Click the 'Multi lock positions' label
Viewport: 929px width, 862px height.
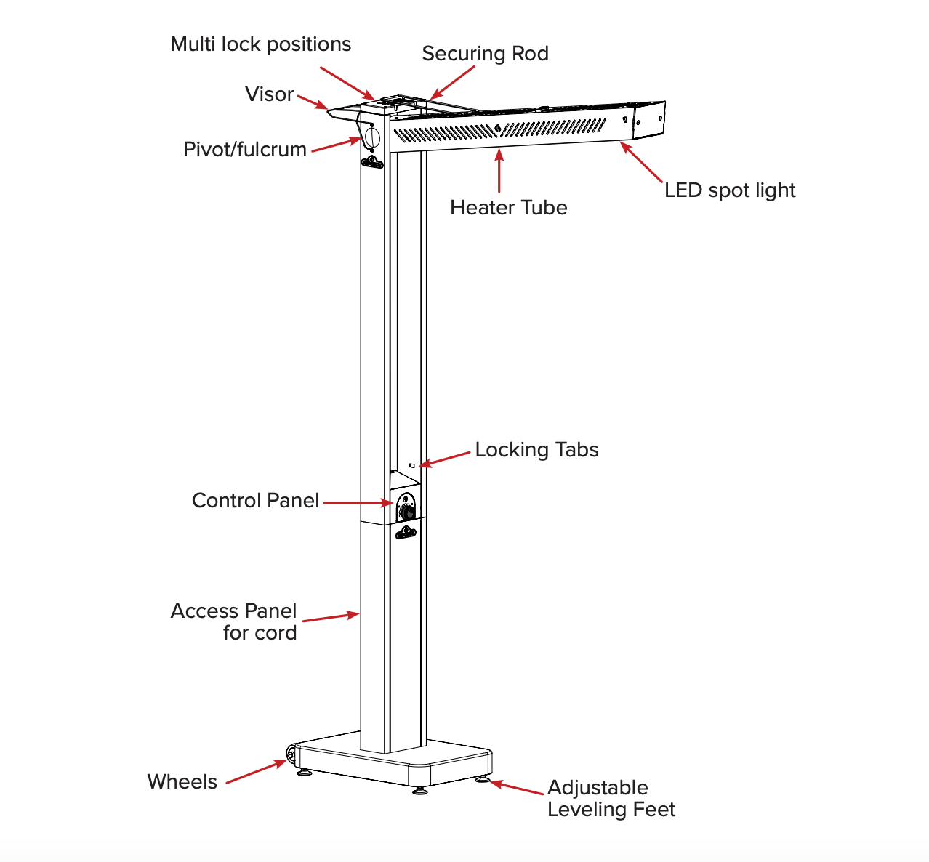click(260, 44)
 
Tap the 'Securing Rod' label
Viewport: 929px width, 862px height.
click(485, 54)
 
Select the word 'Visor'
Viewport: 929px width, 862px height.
click(269, 94)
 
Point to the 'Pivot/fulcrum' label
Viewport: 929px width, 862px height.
click(245, 150)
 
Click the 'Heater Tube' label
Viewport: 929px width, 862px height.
click(508, 208)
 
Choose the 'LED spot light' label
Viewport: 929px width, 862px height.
click(730, 190)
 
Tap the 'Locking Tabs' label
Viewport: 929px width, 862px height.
click(536, 450)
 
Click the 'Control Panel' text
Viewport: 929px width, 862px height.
click(255, 501)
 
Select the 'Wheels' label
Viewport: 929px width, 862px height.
click(182, 782)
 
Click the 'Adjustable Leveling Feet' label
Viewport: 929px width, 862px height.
click(611, 799)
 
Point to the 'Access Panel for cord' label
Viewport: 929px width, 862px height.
click(234, 621)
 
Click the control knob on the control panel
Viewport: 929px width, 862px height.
click(407, 512)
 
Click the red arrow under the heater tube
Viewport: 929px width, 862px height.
click(499, 170)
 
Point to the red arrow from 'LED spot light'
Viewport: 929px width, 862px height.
click(641, 161)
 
